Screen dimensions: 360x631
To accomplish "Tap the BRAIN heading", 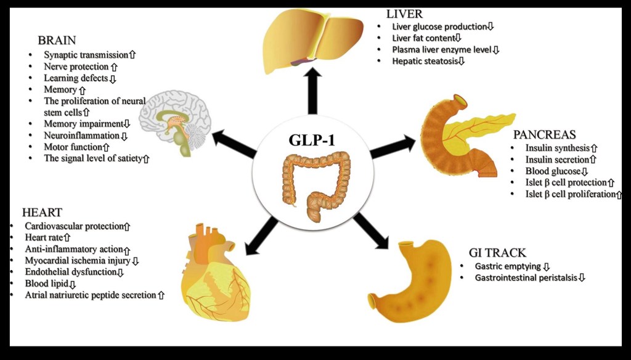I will coord(57,40).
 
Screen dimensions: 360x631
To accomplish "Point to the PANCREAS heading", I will coord(544,134).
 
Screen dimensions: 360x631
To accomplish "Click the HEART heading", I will coord(42,213).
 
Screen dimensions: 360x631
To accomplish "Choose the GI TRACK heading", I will coord(497,252).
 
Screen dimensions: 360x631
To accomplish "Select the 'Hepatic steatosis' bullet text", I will coord(424,61).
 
